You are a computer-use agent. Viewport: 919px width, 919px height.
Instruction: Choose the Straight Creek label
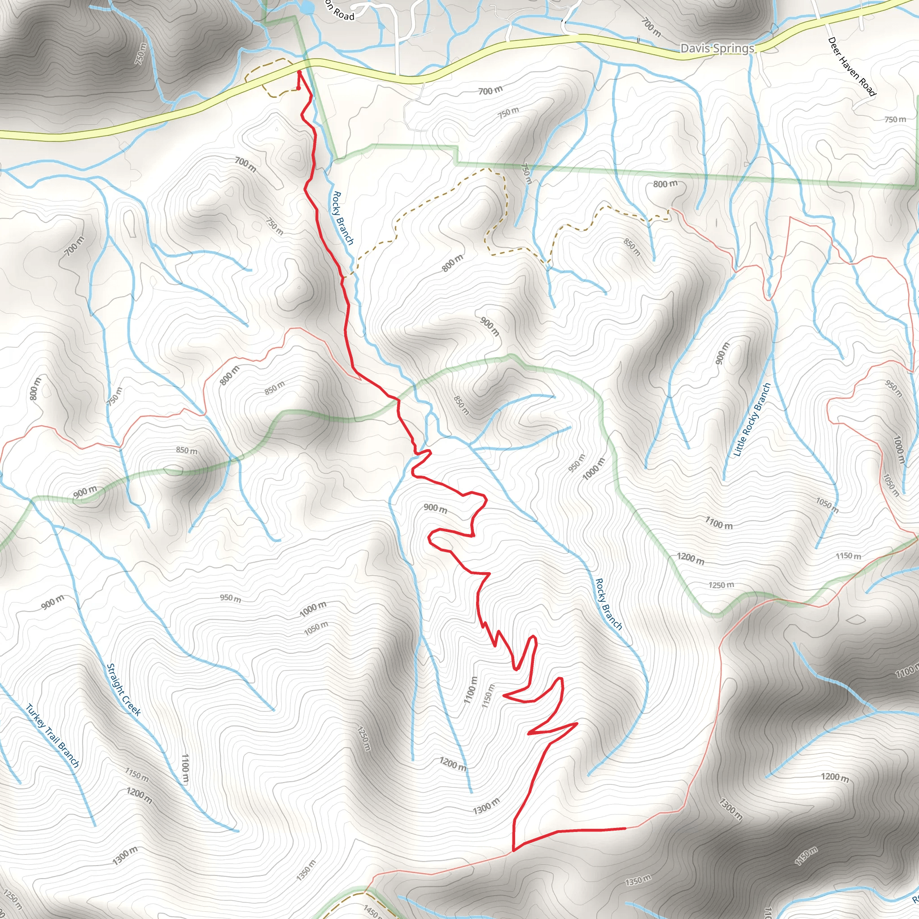click(x=124, y=690)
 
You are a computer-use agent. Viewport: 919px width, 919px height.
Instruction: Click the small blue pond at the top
click(x=308, y=7)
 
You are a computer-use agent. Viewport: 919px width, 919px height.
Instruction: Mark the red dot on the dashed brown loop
click(x=298, y=88)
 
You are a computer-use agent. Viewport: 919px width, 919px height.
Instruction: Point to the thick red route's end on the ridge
click(x=625, y=828)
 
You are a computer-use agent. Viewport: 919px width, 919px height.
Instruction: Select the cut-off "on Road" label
click(x=340, y=12)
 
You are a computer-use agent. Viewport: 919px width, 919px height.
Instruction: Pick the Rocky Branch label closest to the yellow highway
click(x=342, y=218)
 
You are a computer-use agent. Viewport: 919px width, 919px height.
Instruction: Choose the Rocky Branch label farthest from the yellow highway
click(x=608, y=604)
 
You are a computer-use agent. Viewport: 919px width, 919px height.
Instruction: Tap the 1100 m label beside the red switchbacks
click(x=470, y=690)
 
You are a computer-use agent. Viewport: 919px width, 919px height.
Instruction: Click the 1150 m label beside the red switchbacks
click(x=488, y=696)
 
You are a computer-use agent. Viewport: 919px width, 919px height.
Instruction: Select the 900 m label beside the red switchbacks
click(x=435, y=508)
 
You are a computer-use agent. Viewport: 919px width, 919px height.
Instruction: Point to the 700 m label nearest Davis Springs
click(x=651, y=27)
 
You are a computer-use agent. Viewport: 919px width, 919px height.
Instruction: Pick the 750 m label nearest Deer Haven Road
click(x=895, y=119)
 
